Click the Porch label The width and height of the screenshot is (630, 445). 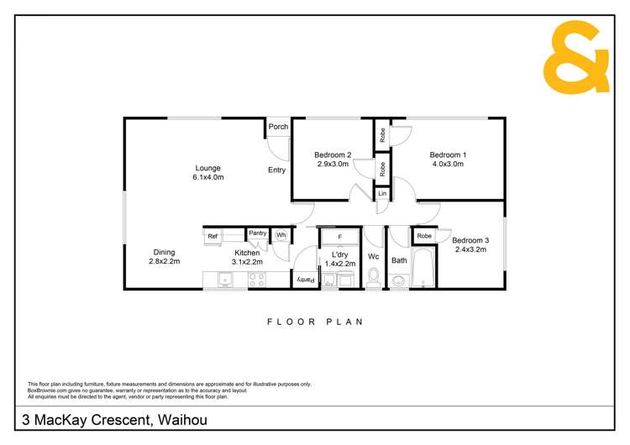pos(278,127)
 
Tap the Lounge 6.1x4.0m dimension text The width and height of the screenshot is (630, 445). pos(208,177)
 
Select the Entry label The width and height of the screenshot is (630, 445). pos(276,170)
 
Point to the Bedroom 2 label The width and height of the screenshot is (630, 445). pos(333,154)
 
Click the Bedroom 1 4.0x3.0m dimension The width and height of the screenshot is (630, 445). pos(447,164)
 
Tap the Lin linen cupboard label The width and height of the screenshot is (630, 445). pos(382,194)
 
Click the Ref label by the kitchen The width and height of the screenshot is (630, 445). pos(213,236)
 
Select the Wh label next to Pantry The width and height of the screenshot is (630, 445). pos(281,235)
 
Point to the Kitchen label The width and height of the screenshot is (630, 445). pos(247,253)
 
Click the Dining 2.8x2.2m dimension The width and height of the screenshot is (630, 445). pos(164,262)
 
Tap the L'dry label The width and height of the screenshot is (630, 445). pos(340,254)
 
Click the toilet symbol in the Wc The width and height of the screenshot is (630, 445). pos(374,278)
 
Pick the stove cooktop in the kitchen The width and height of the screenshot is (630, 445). pos(256,280)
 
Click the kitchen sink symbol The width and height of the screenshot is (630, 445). pos(224,280)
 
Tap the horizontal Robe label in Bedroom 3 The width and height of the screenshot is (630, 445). pos(424,236)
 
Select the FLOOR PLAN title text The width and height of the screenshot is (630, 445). pos(314,322)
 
